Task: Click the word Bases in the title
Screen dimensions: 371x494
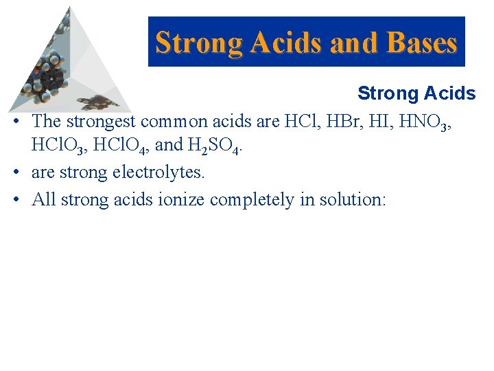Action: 422,43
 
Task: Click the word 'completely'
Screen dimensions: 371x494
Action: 251,199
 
